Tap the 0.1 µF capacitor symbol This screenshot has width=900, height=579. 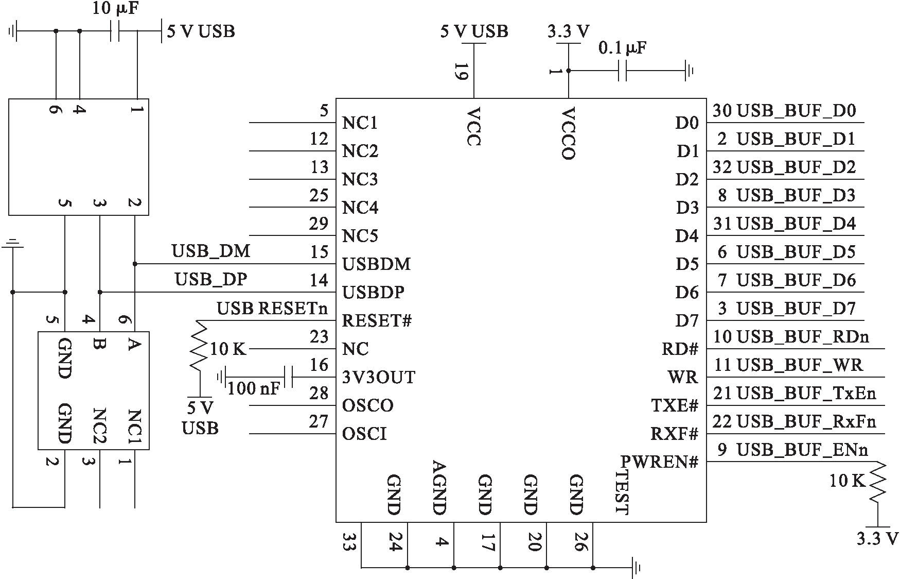point(622,71)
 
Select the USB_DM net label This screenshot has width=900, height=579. point(211,251)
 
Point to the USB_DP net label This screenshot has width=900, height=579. point(211,280)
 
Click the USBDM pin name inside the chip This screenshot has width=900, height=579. point(377,264)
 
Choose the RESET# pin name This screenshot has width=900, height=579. point(377,321)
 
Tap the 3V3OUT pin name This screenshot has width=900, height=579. point(379,378)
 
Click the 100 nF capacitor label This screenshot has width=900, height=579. point(253,388)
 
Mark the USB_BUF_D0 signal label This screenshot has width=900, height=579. point(797,111)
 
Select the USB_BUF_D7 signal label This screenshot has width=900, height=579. point(797,309)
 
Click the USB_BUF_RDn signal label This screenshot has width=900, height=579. point(803,337)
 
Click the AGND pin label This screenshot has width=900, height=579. point(438,487)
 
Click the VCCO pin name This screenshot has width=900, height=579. point(569,133)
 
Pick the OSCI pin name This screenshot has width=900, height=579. point(364,434)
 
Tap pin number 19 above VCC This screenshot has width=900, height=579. point(461,72)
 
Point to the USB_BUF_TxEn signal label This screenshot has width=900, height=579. point(806,394)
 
